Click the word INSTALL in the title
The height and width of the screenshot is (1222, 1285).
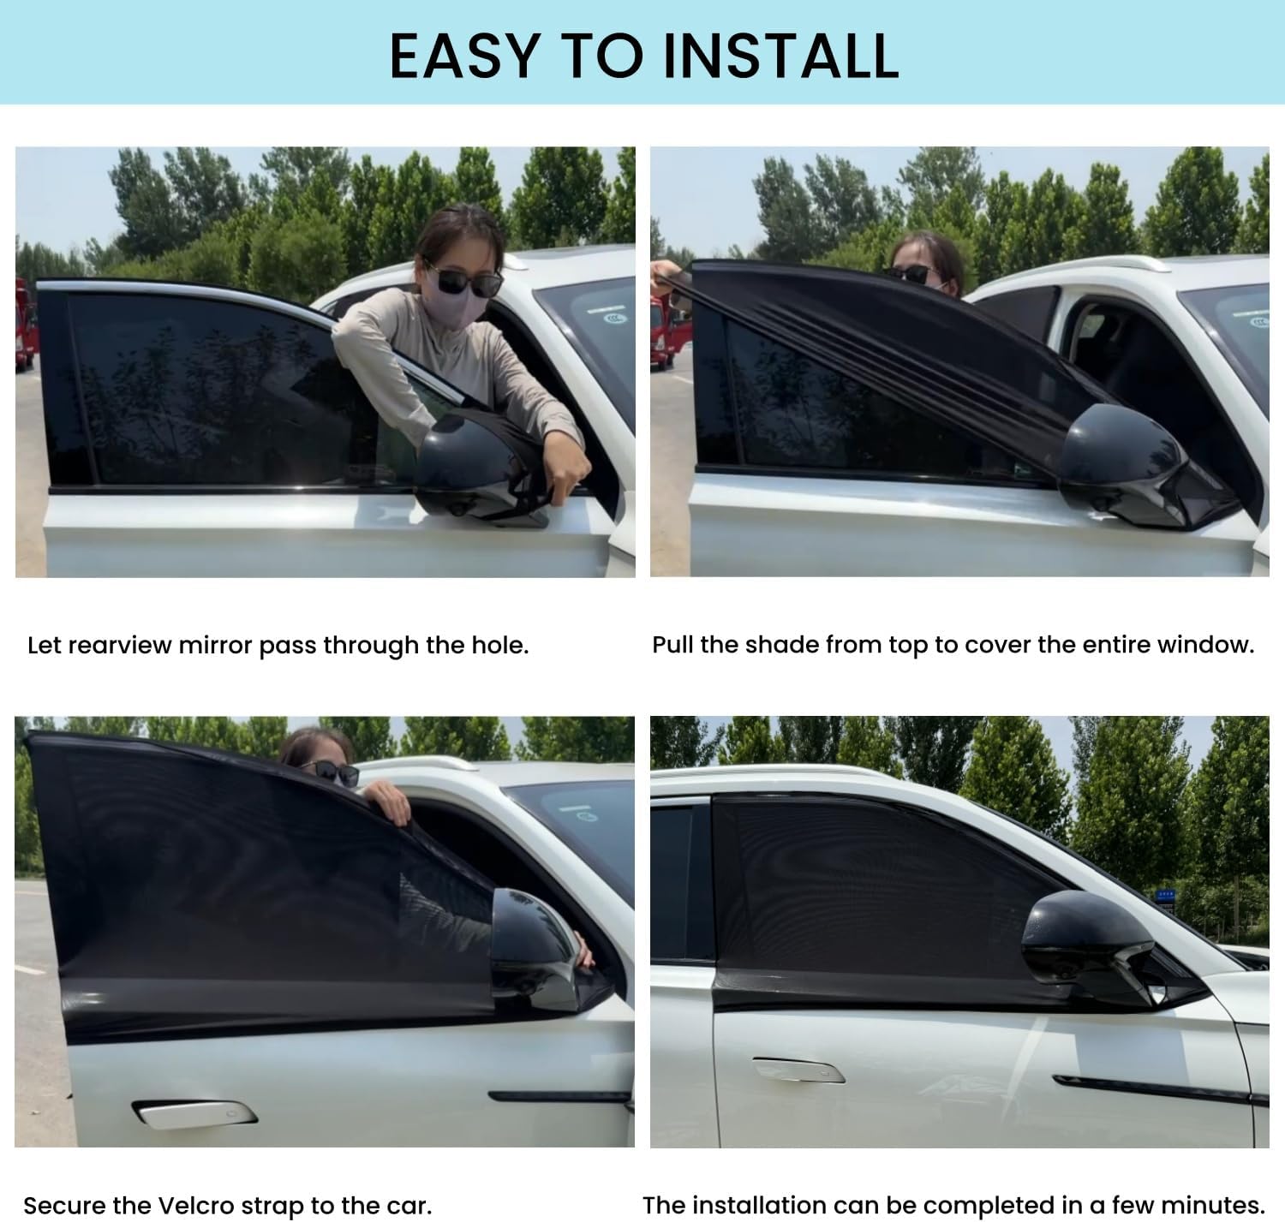(781, 57)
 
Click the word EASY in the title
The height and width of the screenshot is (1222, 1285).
(464, 57)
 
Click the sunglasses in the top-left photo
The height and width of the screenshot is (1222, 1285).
(465, 280)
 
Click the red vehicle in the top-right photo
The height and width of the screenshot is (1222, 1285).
(670, 333)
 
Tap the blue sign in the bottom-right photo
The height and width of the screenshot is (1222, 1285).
(1165, 895)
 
